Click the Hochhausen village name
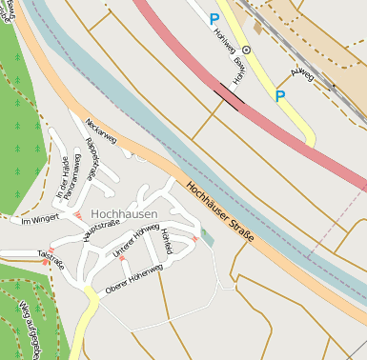click(x=125, y=213)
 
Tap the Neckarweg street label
click(x=100, y=132)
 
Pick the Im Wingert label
click(x=40, y=219)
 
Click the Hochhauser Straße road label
click(x=220, y=210)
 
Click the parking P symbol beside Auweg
click(x=279, y=96)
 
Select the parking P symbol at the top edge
click(x=214, y=18)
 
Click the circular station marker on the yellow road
click(x=246, y=50)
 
